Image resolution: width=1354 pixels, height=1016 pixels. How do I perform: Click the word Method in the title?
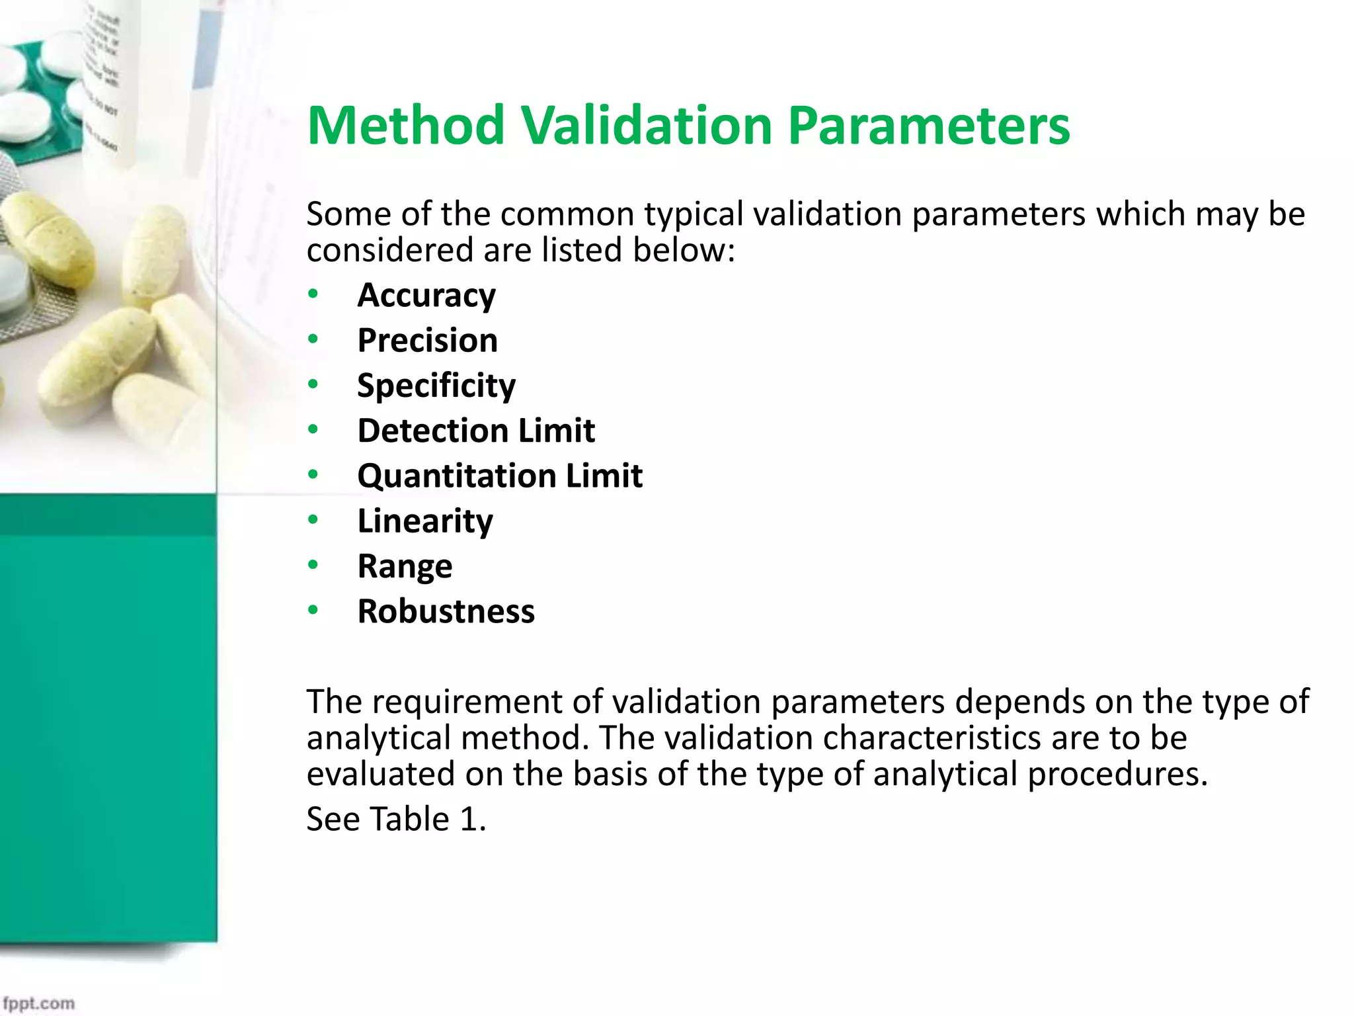click(406, 126)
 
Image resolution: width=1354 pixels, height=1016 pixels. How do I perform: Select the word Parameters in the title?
click(928, 126)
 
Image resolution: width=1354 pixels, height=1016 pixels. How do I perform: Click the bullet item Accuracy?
click(426, 295)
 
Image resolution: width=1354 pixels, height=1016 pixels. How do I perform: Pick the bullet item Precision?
click(427, 341)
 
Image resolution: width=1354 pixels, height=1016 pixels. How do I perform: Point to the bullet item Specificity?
click(436, 386)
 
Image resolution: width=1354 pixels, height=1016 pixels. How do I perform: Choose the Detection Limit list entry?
click(476, 431)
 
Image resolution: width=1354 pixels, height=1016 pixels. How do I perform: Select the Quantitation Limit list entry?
click(500, 476)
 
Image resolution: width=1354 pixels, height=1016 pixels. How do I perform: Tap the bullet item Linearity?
click(425, 521)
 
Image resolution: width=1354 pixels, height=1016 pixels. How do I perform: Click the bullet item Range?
click(405, 566)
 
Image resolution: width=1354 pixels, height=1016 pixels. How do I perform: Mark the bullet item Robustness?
click(446, 611)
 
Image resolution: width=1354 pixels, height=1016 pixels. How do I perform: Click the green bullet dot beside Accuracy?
click(313, 294)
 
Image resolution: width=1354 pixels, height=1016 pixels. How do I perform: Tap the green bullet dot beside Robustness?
click(313, 610)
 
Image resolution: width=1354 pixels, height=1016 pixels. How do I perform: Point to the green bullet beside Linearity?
click(313, 520)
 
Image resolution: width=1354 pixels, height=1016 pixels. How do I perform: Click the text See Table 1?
click(396, 819)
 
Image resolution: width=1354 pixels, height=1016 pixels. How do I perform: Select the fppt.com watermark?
click(38, 1003)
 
